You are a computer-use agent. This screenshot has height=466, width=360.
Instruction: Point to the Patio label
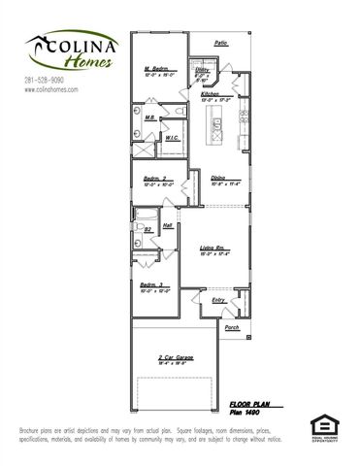pos(220,44)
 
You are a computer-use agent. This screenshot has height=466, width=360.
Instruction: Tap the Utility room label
pos(203,71)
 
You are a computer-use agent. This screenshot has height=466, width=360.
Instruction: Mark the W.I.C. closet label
pos(171,138)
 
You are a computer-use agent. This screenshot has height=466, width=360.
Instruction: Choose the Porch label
pos(232,328)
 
